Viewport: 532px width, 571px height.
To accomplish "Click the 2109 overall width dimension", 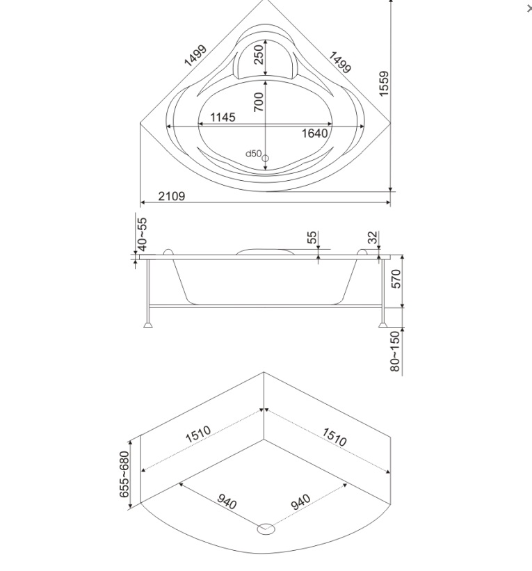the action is click(172, 196).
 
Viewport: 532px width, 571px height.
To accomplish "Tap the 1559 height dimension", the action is click(384, 83).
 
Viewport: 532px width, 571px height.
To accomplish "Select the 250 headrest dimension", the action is click(259, 54).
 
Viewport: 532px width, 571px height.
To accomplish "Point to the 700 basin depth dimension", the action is click(259, 102).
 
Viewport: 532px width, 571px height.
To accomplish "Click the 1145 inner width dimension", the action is click(223, 118).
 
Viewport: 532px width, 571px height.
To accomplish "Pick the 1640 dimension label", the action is click(314, 134).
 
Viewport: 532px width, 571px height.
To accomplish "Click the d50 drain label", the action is click(253, 153).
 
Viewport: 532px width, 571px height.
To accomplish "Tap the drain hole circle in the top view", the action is click(266, 159).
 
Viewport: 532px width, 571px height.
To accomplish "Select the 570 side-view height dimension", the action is click(396, 279).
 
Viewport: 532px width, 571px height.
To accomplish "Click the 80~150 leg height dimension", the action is click(395, 351).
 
